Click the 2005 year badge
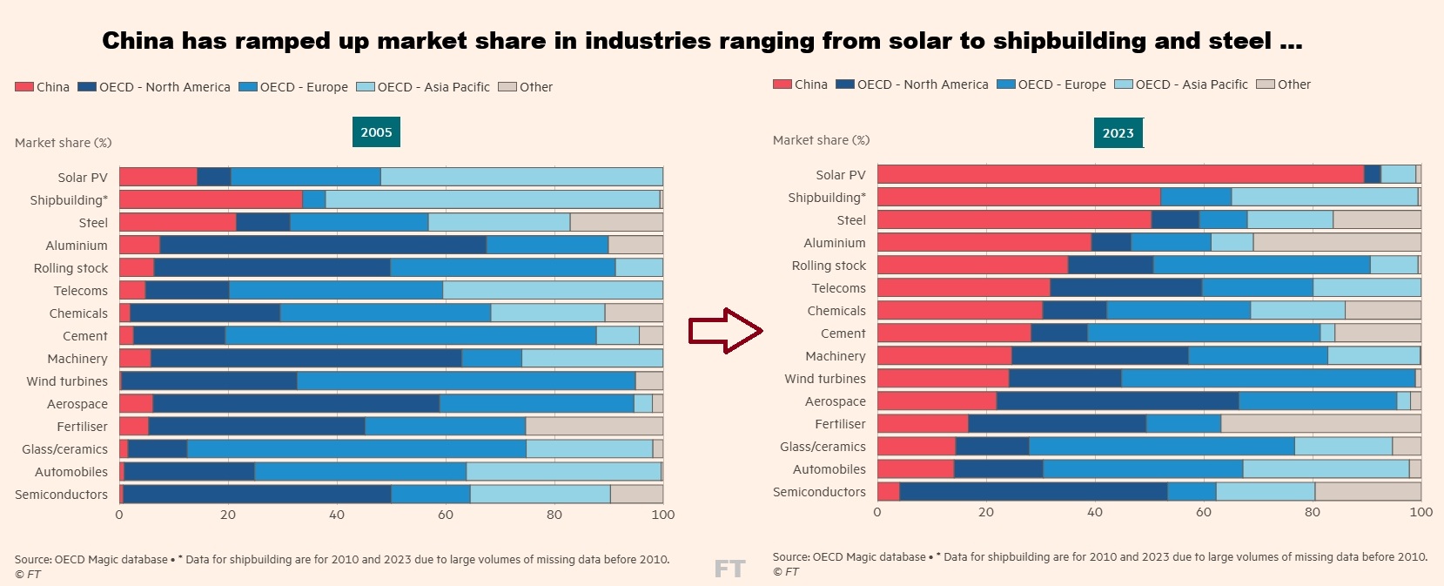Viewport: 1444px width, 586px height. tap(376, 132)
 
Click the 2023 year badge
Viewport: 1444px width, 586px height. tap(1118, 133)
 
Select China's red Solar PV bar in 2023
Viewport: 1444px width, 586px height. tap(1119, 174)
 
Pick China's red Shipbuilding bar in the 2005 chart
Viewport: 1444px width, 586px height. tap(211, 199)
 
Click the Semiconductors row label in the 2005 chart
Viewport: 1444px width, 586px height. tap(61, 495)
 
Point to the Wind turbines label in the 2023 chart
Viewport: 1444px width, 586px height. tap(824, 379)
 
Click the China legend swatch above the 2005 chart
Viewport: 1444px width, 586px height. tap(24, 87)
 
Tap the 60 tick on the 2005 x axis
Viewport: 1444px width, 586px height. tap(446, 515)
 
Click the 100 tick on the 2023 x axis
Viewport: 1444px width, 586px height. tap(1420, 512)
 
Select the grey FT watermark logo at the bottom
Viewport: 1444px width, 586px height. tap(729, 569)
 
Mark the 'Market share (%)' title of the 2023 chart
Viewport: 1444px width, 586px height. tap(821, 140)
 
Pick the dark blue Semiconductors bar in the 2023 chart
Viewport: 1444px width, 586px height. tap(1032, 492)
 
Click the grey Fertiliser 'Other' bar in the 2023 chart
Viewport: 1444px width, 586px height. tap(1320, 424)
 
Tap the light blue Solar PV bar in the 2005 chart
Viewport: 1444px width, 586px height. tap(521, 177)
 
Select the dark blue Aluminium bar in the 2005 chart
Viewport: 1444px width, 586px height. tap(323, 245)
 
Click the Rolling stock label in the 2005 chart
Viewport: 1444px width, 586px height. tap(71, 268)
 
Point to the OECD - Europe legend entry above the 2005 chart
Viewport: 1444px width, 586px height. tap(293, 87)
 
